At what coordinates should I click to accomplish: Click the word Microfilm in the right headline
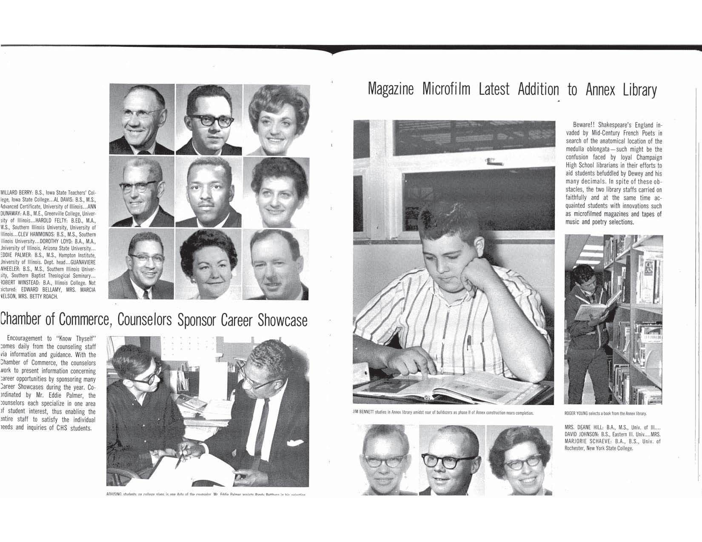[x=446, y=90]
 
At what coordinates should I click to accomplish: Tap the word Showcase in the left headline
[x=283, y=321]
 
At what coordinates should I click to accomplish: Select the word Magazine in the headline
[x=390, y=90]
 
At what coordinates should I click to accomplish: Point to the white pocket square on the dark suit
[x=292, y=443]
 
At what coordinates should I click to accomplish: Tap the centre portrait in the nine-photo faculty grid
[x=208, y=192]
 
